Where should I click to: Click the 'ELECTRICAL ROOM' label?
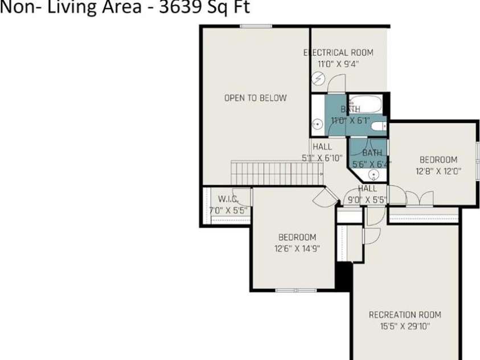[x=338, y=53]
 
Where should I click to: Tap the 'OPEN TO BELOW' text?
[x=255, y=98]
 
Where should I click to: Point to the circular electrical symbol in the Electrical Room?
[x=319, y=79]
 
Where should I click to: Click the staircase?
[x=277, y=173]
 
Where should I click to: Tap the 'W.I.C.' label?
[x=227, y=199]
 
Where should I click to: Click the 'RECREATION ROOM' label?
[x=404, y=315]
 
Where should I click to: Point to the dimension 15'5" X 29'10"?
[x=404, y=326]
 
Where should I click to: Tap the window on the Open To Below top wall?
[x=254, y=26]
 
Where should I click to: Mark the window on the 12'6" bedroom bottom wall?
[x=296, y=291]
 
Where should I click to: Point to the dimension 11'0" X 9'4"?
[x=338, y=64]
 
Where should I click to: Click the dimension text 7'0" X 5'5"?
[x=227, y=210]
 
